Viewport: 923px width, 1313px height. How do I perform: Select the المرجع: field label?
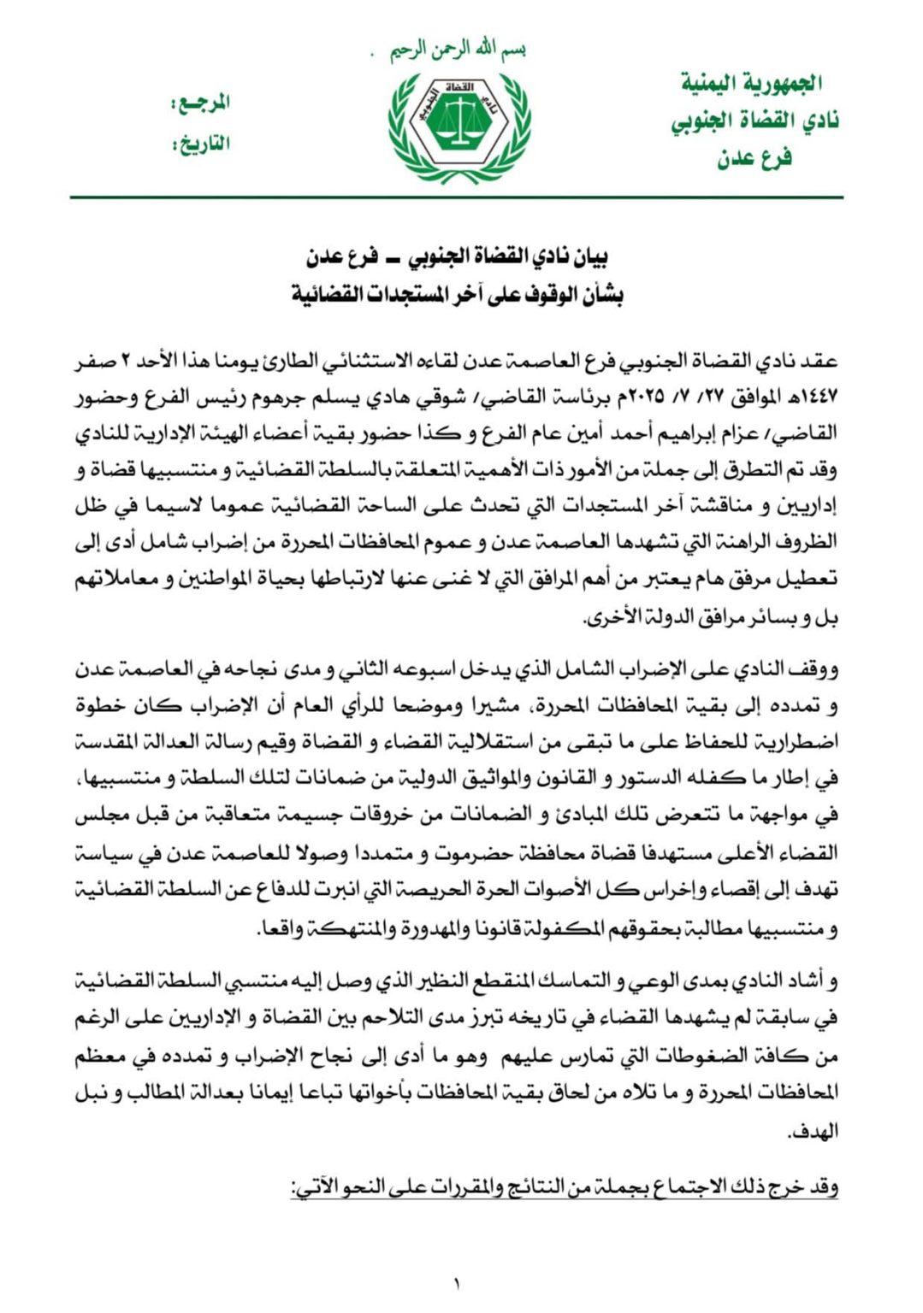pyautogui.click(x=202, y=104)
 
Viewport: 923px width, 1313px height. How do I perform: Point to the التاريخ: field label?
pyautogui.click(x=202, y=143)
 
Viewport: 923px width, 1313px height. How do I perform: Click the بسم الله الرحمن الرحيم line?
pyautogui.click(x=457, y=50)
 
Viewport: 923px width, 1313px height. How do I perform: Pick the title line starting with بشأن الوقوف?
pyautogui.click(x=457, y=295)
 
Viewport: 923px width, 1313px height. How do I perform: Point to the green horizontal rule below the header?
pyautogui.click(x=457, y=197)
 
